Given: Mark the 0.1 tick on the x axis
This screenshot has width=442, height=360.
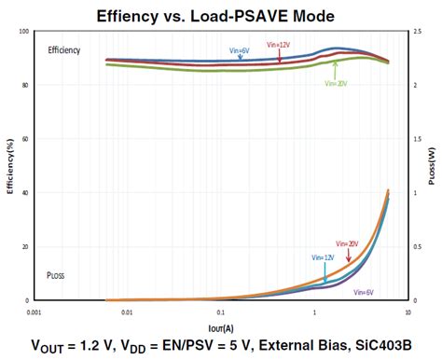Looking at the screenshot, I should pos(220,310).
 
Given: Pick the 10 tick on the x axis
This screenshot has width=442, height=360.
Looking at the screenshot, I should pos(406,310).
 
